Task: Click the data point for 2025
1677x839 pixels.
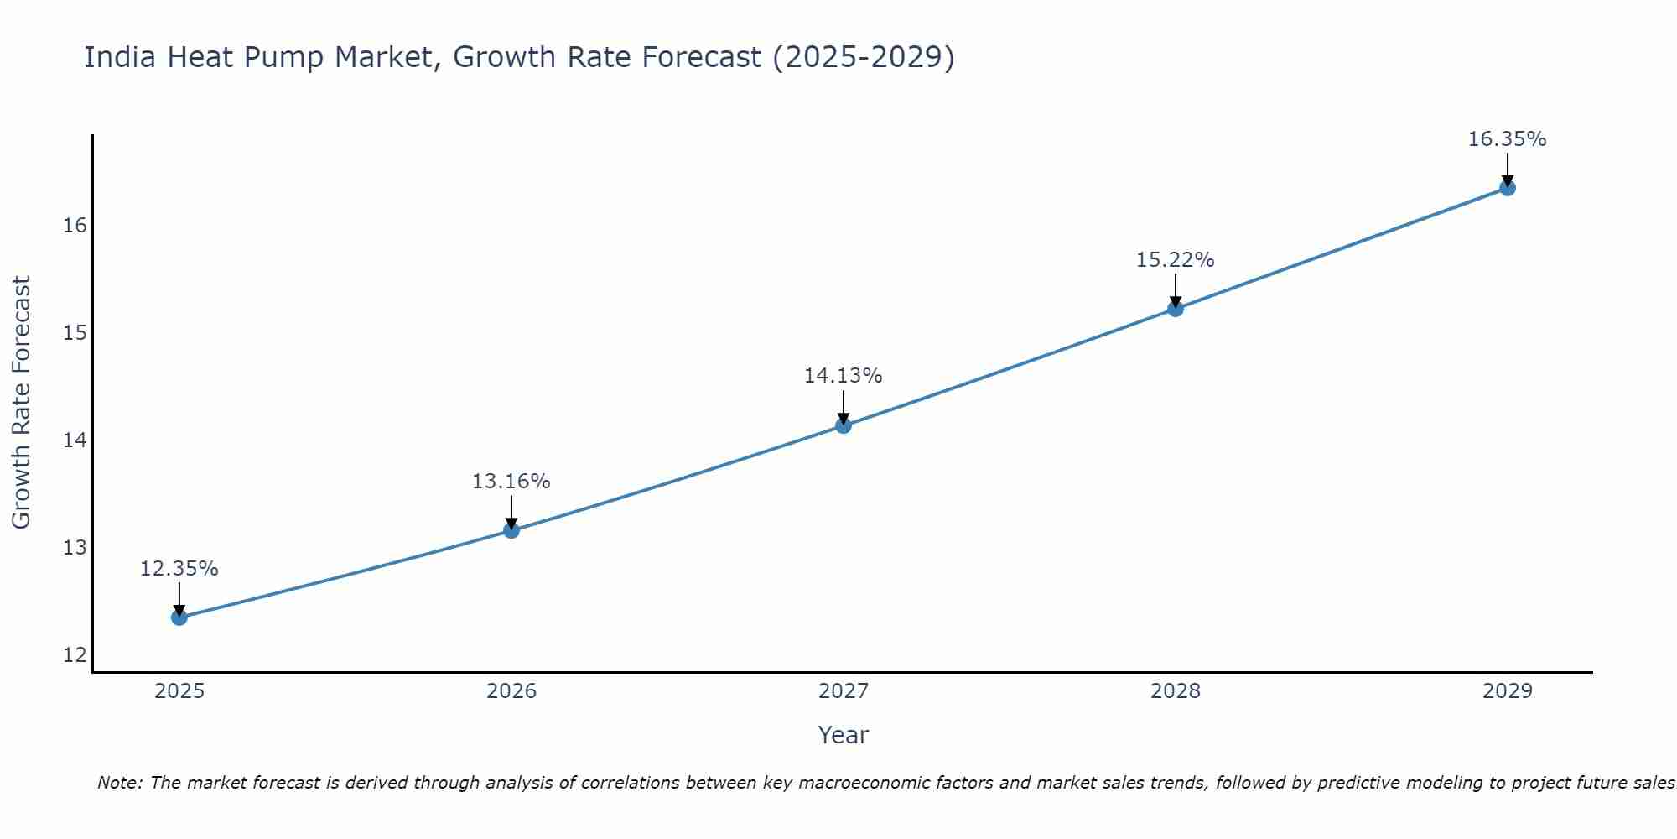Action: point(179,618)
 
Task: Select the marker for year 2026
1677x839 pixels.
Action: point(511,530)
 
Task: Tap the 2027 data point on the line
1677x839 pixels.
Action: point(844,425)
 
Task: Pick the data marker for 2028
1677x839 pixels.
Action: point(1176,309)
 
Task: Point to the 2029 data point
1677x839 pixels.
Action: point(1508,188)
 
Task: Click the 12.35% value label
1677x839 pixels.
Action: point(179,569)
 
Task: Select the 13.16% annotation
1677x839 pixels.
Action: point(511,482)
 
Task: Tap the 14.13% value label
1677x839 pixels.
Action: point(843,376)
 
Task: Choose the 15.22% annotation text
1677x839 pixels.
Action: point(1175,260)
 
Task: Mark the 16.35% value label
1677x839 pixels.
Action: point(1507,139)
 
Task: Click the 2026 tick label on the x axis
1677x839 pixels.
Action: point(511,691)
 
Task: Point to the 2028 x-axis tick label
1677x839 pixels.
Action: point(1176,691)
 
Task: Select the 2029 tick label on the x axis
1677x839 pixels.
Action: point(1508,691)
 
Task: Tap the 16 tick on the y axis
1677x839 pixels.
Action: point(75,226)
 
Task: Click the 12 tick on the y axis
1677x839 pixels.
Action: point(75,655)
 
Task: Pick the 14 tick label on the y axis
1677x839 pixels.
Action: point(75,440)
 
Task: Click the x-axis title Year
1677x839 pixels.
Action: point(843,735)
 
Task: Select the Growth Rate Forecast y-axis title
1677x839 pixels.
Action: point(21,403)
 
